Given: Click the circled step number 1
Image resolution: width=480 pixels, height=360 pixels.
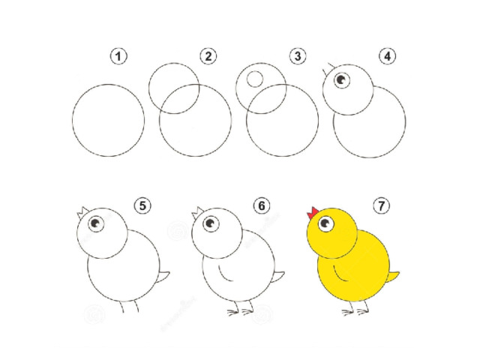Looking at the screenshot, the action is tap(118, 56).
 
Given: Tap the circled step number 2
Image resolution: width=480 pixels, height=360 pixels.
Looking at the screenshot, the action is tap(208, 56).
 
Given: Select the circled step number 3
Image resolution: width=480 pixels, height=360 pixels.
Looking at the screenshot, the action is tap(298, 56).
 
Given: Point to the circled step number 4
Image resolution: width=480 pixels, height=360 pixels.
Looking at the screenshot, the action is tap(387, 56).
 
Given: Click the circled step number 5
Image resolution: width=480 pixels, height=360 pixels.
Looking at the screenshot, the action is tap(142, 205).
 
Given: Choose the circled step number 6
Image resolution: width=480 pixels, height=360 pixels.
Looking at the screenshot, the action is tap(262, 205).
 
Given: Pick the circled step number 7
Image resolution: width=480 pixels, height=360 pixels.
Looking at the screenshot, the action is tap(382, 205).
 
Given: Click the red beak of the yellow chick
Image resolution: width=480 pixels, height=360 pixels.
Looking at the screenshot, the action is tap(313, 212).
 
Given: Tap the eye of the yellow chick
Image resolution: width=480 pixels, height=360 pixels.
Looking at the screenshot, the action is tap(325, 223).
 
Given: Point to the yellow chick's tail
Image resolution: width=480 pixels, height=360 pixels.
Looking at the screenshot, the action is tap(393, 277).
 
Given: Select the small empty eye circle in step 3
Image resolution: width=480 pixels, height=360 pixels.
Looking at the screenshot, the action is tap(255, 79).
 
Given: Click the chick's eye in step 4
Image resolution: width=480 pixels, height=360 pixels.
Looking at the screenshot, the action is tap(342, 80).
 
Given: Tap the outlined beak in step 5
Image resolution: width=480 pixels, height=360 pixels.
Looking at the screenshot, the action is tap(82, 212).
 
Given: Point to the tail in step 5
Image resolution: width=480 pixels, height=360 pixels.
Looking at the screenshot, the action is tap(163, 277).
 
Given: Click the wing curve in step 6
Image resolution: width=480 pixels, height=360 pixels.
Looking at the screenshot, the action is tap(224, 273).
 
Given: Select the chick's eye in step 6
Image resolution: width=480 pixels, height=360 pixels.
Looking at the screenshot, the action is tap(211, 223).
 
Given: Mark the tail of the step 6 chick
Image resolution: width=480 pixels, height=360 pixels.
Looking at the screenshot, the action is tap(278, 277).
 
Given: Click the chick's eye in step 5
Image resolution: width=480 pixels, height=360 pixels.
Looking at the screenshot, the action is tap(96, 223).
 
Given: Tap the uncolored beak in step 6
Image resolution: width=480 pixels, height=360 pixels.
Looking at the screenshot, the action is tap(198, 212).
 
